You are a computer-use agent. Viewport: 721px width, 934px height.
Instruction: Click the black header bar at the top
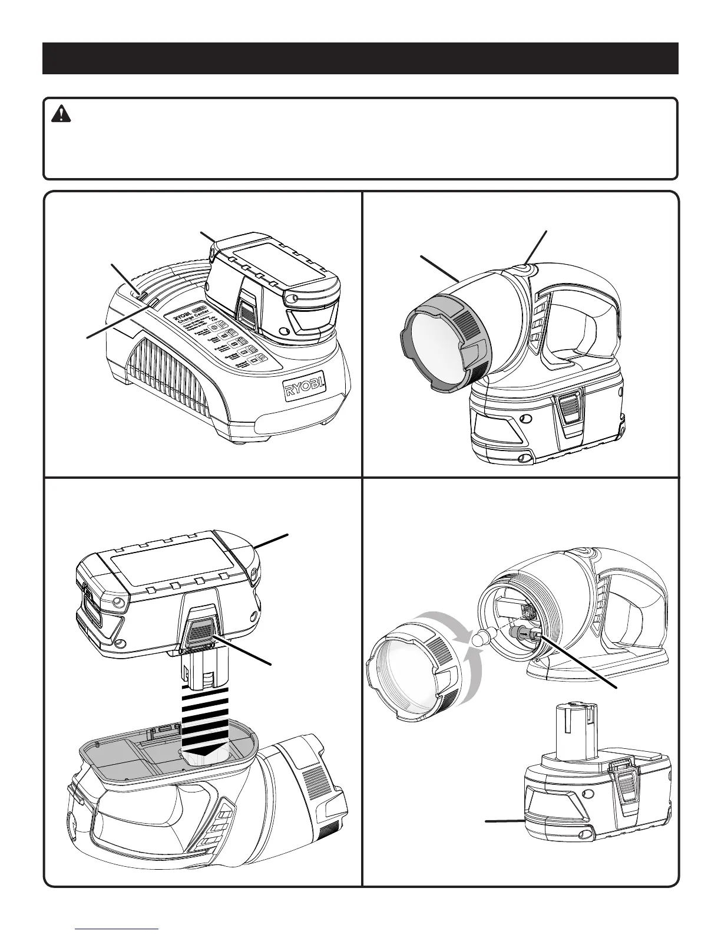point(360,58)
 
